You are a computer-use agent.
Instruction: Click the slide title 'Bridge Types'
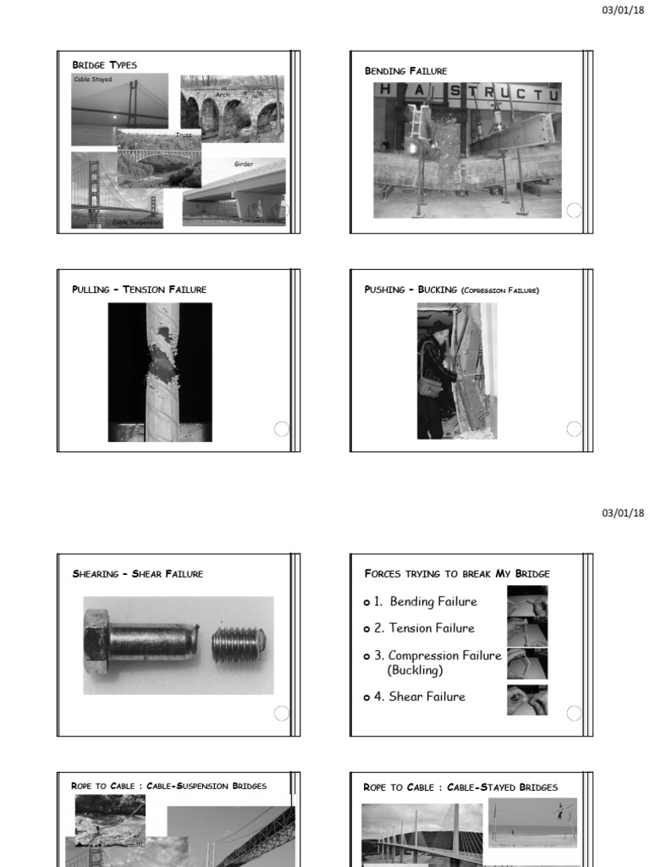point(104,65)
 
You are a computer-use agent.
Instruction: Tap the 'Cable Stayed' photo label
point(93,80)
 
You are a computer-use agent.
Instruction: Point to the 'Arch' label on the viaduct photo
point(222,95)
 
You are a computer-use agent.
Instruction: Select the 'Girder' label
point(244,163)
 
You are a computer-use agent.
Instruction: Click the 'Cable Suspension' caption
point(136,223)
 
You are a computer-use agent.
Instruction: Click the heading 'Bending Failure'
point(405,70)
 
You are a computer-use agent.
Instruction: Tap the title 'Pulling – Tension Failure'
point(139,290)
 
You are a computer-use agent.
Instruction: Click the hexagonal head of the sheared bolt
point(96,645)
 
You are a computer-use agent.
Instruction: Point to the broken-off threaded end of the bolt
point(239,645)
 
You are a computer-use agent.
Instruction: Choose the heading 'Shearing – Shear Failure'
point(137,574)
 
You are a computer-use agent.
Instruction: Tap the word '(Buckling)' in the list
point(415,670)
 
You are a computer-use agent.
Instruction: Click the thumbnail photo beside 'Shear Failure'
point(526,699)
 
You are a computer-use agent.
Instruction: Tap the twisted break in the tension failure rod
point(161,370)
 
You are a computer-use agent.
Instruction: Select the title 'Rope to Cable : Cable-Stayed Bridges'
point(460,787)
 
